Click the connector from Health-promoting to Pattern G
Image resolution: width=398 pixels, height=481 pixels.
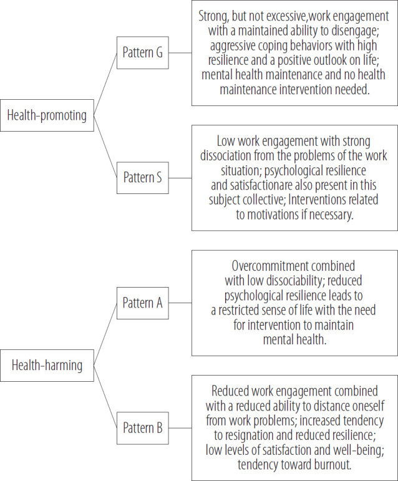[105, 84]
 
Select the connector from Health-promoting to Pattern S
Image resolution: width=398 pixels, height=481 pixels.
[105, 147]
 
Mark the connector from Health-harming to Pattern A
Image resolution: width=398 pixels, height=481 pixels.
[105, 334]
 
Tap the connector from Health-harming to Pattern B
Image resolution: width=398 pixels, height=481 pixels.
[105, 397]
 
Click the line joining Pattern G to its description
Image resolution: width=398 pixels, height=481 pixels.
[180, 53]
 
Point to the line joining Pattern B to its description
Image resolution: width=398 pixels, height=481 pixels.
[180, 428]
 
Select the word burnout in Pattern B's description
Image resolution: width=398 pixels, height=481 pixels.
[332, 464]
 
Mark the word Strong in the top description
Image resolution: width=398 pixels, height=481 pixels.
[213, 17]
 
